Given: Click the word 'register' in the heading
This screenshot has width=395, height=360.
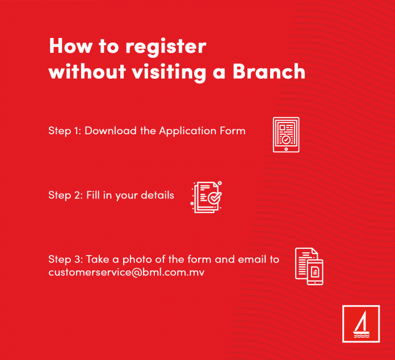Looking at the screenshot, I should coord(164,46).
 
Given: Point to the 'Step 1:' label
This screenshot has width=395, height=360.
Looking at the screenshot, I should coord(65,131).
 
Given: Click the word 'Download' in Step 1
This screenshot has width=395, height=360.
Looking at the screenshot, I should coord(111,131).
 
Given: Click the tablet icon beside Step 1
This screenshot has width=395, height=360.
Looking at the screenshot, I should coord(285,135).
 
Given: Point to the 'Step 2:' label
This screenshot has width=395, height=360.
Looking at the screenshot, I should coord(65,195).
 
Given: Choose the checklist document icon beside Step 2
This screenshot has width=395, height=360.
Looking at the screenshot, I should coord(206,197).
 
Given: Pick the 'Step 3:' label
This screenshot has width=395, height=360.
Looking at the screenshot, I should coord(65,259).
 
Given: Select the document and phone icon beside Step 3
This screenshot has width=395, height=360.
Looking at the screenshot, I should coord(309,266).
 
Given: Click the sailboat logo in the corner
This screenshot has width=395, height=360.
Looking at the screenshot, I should coord(361,324).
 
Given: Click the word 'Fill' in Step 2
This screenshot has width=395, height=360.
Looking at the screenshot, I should coord(94,195).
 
